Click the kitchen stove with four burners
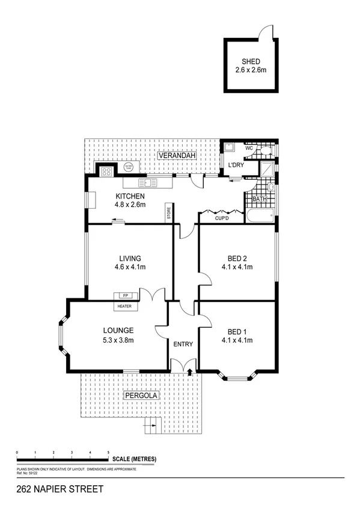pos(106,171)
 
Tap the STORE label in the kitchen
pos(169,213)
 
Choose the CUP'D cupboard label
pos(222,218)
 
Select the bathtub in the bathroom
pos(260,214)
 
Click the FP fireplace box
pos(126,295)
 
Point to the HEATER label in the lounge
pos(125,306)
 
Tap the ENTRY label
pos(183,345)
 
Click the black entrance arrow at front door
pos(191,373)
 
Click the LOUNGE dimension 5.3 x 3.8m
pos(118,340)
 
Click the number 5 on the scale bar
pos(108,452)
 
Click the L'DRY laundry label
pos(234,165)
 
